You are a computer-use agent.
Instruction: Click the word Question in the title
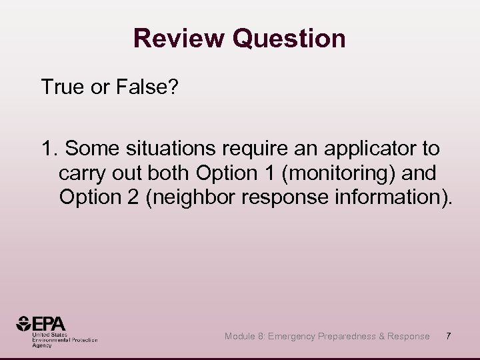pos(289,39)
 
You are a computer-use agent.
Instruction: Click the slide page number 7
pos(449,336)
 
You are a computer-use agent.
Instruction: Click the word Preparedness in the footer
pos(349,337)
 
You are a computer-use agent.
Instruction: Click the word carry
pos(81,174)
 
